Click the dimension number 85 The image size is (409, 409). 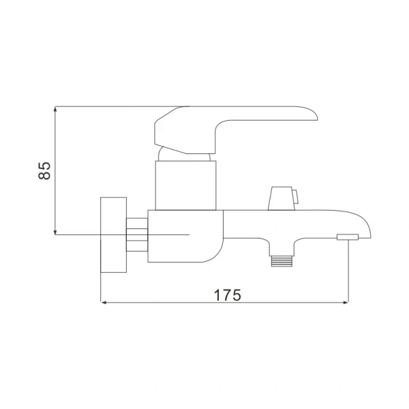click(44, 170)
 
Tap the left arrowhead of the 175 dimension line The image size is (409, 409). click(103, 301)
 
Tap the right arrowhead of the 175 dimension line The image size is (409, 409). click(346, 301)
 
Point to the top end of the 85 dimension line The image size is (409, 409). click(55, 108)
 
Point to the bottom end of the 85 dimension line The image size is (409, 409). click(55, 234)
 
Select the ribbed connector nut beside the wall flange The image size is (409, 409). click(137, 234)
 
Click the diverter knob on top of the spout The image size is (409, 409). click(279, 199)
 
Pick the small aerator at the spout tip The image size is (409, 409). click(348, 237)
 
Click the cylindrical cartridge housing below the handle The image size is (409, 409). click(186, 184)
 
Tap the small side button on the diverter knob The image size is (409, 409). click(297, 198)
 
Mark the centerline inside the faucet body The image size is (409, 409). click(170, 234)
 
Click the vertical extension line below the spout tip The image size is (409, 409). click(348, 273)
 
